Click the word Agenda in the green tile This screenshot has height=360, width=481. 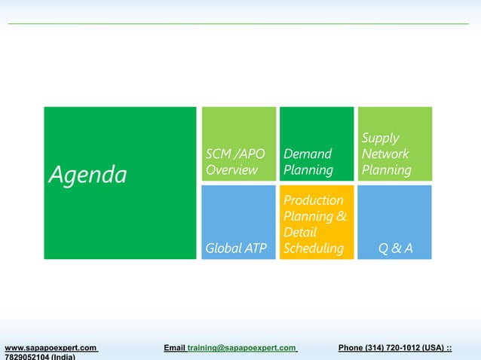pos(88,175)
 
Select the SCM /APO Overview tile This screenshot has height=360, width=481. pos(238,144)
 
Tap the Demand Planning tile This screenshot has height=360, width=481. pos(317,144)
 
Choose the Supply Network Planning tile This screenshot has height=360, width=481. pos(394,144)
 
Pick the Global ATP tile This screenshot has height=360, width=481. pos(238,222)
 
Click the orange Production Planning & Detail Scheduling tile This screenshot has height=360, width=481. pos(317,222)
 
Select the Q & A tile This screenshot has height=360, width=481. pos(394,222)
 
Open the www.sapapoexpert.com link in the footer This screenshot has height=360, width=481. pos(51,347)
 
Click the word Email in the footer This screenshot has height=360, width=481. pos(174,347)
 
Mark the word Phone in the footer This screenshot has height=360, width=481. pos(351,347)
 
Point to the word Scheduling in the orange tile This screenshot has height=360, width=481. pos(313,249)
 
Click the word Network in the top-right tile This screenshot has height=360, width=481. pos(384,154)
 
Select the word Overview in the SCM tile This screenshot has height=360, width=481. pos(231,170)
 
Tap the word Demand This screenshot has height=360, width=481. pos(308,154)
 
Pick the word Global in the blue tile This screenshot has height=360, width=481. pos(223,249)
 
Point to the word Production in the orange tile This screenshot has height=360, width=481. pos(313,200)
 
